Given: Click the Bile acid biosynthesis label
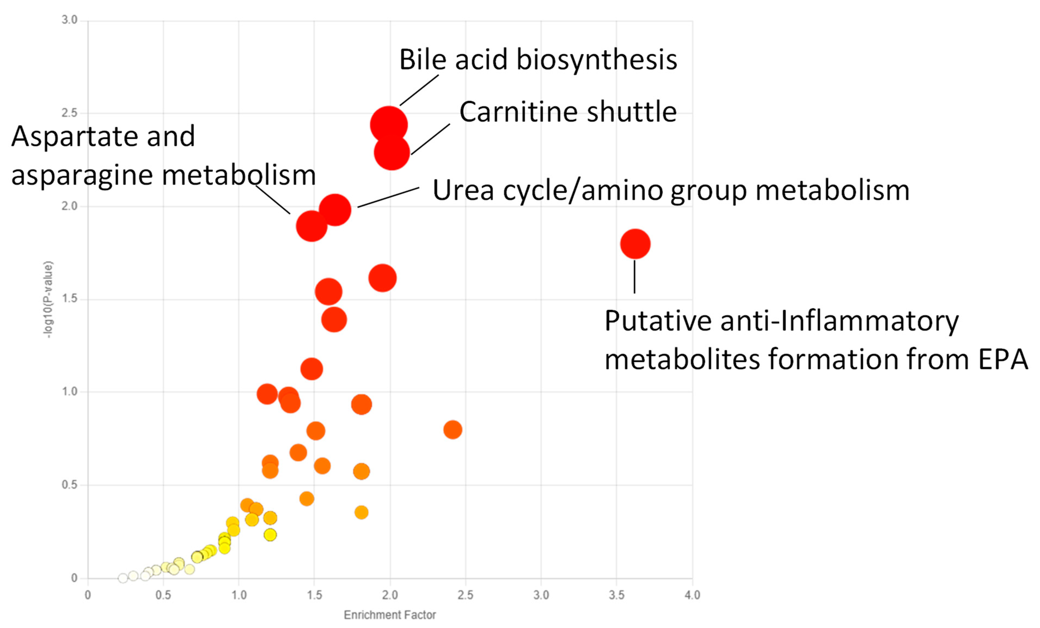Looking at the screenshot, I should click(x=538, y=60).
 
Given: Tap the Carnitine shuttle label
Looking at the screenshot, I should click(x=568, y=112).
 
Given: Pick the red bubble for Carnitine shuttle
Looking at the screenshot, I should click(x=392, y=152).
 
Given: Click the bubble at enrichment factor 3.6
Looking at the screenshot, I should click(x=635, y=244).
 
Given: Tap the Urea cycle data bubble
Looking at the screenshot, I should click(x=335, y=210).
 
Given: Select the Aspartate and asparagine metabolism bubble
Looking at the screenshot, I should click(x=312, y=226).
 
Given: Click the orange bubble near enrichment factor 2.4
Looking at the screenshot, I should click(x=453, y=430).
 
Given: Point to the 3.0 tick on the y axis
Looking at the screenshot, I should click(x=70, y=20).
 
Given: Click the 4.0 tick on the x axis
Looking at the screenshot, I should click(x=692, y=595).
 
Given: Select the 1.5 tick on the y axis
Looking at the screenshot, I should click(x=70, y=298).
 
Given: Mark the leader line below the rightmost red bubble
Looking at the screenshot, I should click(x=635, y=277).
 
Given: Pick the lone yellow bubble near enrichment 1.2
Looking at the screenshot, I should click(x=270, y=535).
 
